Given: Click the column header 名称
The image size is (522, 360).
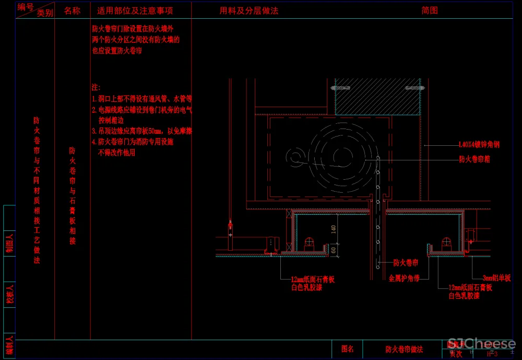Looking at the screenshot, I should (72, 10).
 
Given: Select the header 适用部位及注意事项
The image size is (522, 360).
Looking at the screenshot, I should (135, 10).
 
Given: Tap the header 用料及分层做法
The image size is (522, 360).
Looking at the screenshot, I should (250, 10).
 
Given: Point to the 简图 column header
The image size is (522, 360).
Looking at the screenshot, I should (430, 10).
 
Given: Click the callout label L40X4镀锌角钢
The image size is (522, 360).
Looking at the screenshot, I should (479, 145).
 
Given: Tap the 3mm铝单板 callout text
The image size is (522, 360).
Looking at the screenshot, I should (496, 278).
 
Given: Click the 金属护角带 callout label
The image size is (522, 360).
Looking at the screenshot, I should (404, 278).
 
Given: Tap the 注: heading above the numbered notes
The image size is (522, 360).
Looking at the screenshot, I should (96, 87).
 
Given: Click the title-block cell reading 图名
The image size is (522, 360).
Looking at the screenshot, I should (348, 349).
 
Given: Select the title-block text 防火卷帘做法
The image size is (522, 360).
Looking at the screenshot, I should (404, 349).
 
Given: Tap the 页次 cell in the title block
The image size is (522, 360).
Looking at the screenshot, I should (456, 354).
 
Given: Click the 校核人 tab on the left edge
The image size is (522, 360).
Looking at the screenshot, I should (9, 295).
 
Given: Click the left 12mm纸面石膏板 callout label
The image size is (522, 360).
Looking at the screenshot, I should (313, 280).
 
